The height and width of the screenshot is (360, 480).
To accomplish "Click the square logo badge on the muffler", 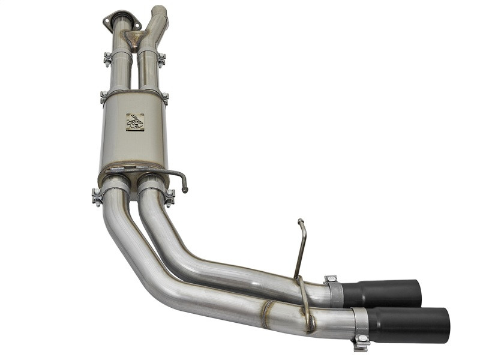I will pyautogui.click(x=134, y=122).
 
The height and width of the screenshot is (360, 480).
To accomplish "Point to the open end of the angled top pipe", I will pyautogui.click(x=158, y=10).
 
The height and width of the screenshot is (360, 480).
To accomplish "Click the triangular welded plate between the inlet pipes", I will pyautogui.click(x=133, y=39).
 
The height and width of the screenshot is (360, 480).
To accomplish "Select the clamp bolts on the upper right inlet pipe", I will pyautogui.click(x=161, y=59).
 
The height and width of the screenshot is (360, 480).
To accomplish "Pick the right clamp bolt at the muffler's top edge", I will pyautogui.click(x=164, y=97).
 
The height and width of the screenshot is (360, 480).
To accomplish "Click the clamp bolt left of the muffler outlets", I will pyautogui.click(x=96, y=196).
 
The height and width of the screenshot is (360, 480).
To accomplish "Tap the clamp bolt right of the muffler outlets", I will pyautogui.click(x=170, y=196).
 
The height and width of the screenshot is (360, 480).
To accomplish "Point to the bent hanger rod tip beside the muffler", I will pyautogui.click(x=185, y=189).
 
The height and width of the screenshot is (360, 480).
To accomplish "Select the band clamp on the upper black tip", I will pyautogui.click(x=334, y=291).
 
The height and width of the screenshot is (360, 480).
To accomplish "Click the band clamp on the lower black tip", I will pyautogui.click(x=360, y=323).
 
